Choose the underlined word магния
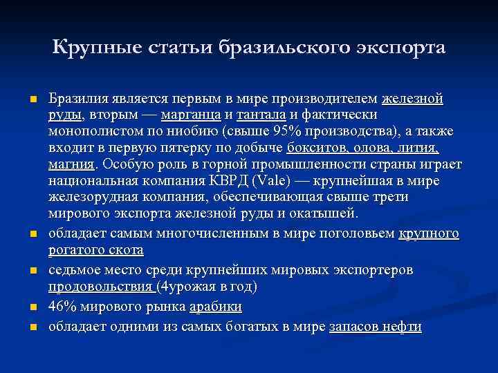coord(71,164)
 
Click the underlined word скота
coord(126,249)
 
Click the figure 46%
coord(62,305)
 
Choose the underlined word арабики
coord(219,305)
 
